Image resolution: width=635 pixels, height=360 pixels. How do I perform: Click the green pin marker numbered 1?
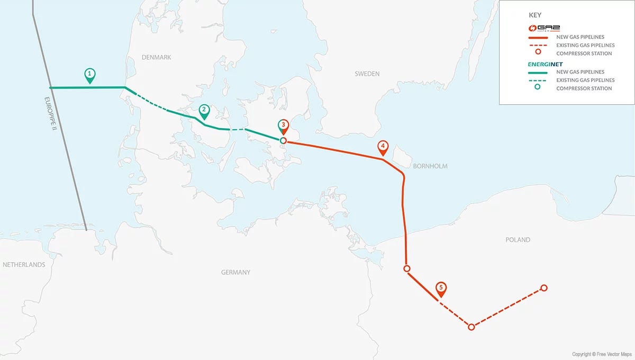(x=90, y=74)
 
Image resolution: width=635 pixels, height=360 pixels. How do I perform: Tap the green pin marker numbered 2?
(x=204, y=111)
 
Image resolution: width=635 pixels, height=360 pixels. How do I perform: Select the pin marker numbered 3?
(x=283, y=126)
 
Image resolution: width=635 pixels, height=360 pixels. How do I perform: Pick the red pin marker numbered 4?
(x=382, y=147)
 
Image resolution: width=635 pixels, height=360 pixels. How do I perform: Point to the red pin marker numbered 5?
(x=441, y=289)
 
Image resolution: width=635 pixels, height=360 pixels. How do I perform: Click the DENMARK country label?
(x=157, y=57)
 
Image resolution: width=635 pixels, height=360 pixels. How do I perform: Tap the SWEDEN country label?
(x=367, y=74)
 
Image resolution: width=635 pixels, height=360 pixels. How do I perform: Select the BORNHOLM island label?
(x=431, y=166)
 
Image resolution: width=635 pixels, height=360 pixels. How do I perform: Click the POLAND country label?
(x=518, y=240)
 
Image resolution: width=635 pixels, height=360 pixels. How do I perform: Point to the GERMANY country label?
(x=235, y=272)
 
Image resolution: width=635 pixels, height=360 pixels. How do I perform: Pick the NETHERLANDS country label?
(x=24, y=265)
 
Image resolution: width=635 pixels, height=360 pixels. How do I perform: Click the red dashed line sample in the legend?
(x=538, y=46)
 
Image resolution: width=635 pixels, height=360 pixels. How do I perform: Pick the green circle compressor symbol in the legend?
(x=538, y=88)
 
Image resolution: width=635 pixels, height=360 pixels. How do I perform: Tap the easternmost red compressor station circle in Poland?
(x=543, y=288)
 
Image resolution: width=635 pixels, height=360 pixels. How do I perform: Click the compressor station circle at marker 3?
(x=283, y=141)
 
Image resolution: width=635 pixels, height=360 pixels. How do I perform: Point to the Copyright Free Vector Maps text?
(x=601, y=354)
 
